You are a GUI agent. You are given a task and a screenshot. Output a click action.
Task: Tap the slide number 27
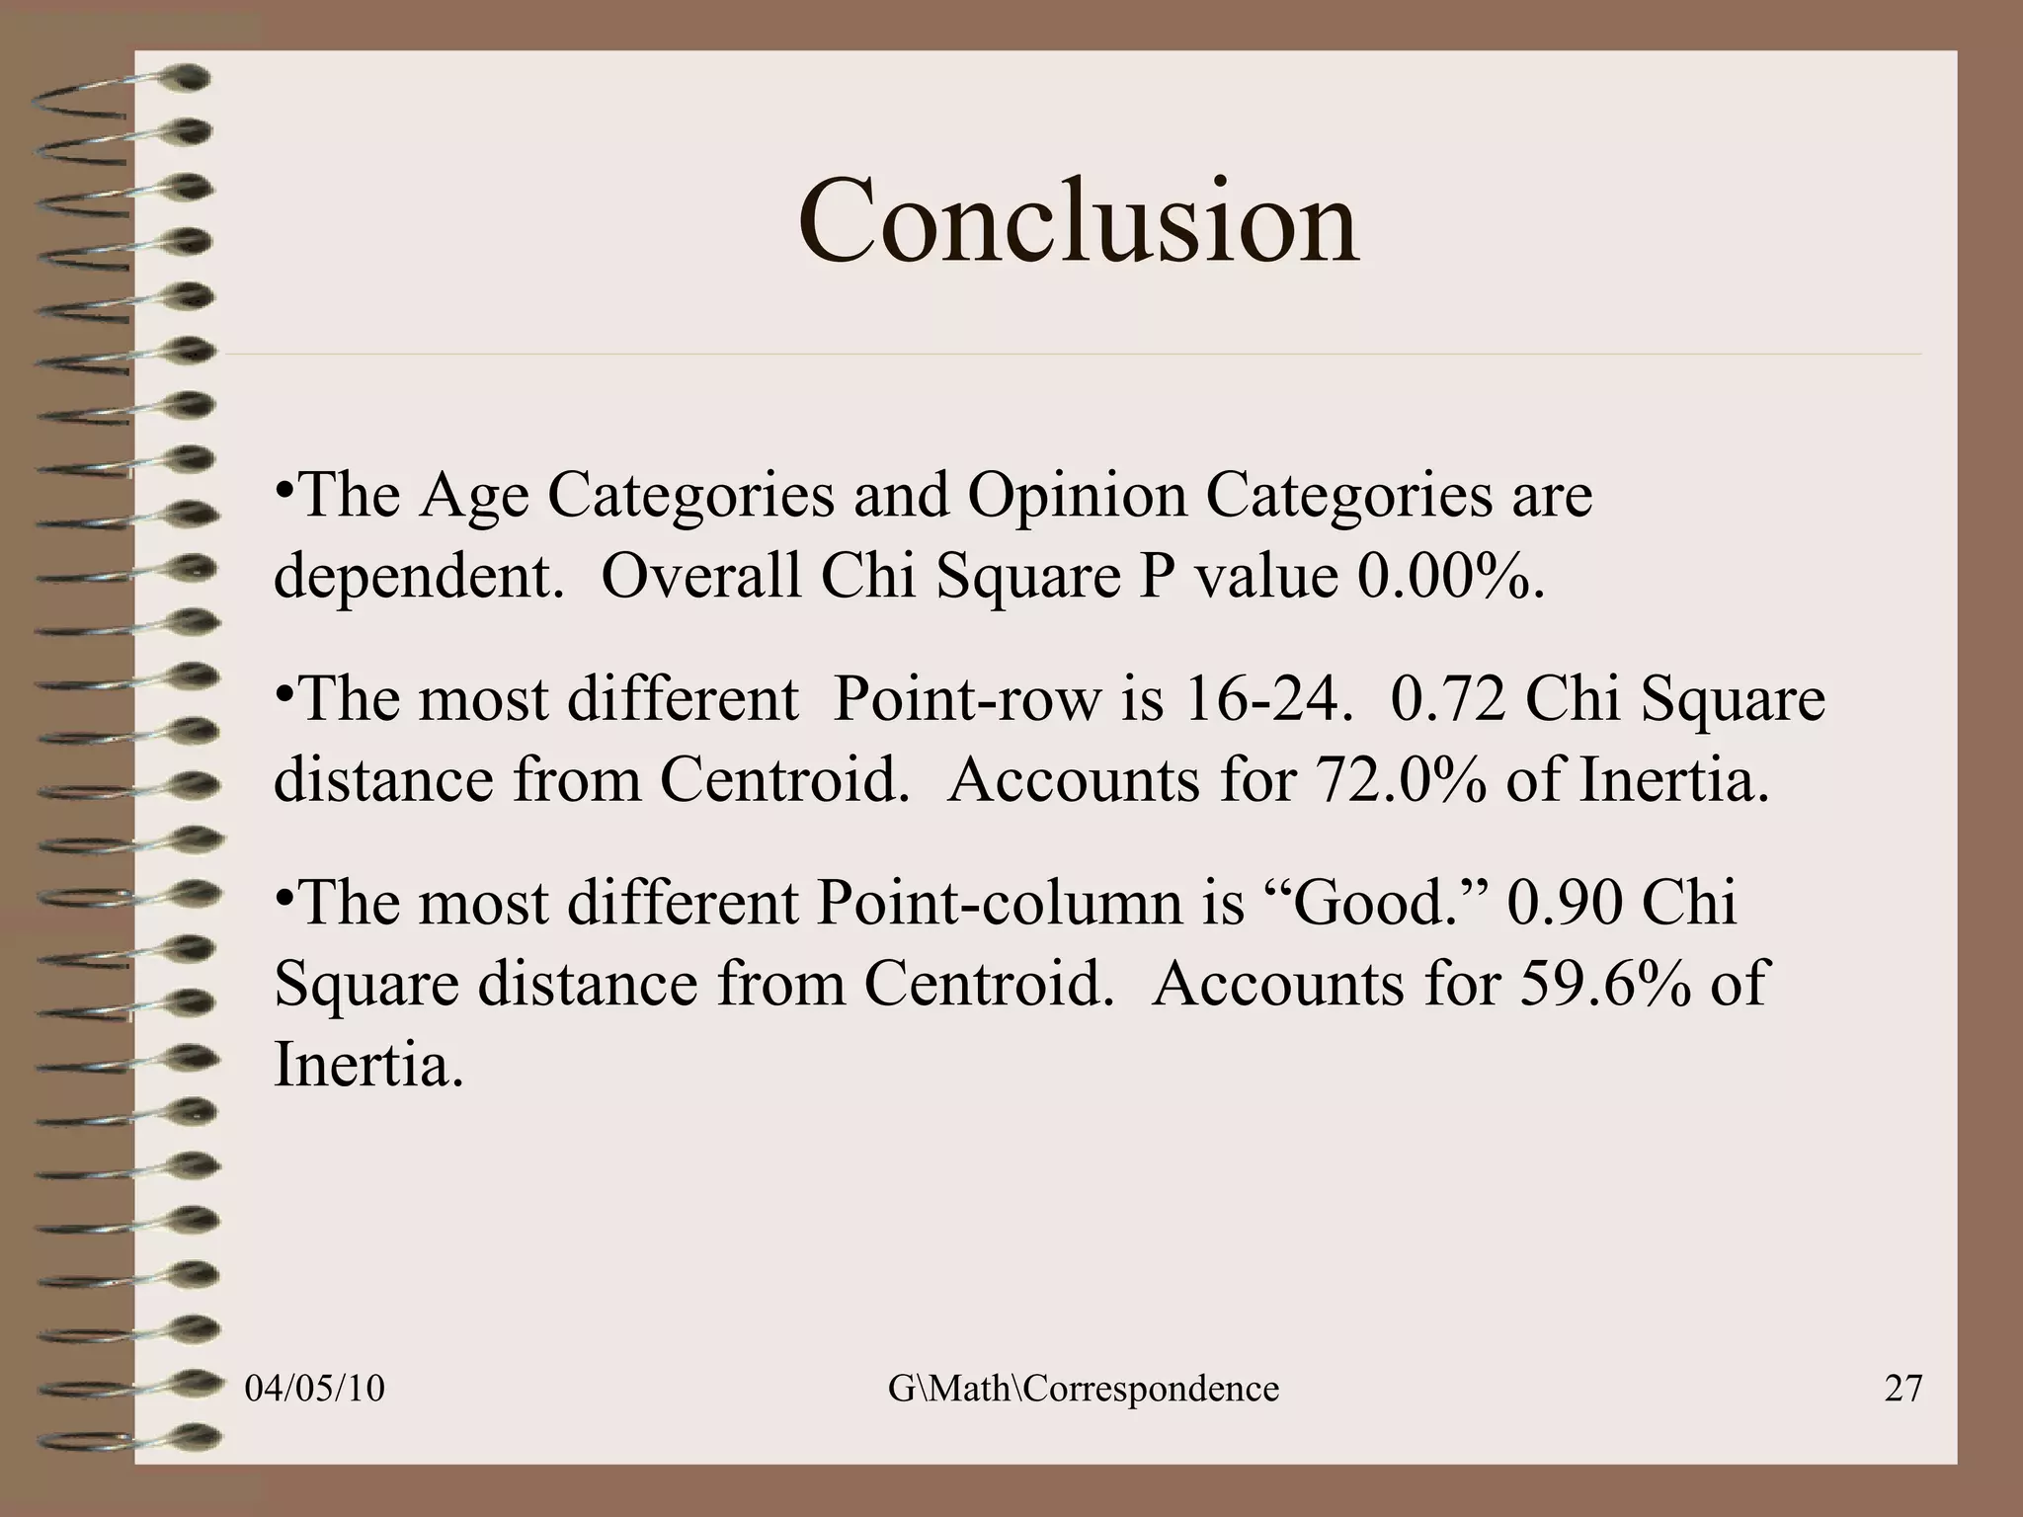[x=1903, y=1389]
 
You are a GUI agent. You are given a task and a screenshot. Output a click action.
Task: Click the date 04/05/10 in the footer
[x=314, y=1389]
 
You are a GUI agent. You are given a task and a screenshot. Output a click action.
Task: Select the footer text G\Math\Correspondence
[x=1083, y=1389]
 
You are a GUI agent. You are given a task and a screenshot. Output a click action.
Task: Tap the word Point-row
[x=966, y=699]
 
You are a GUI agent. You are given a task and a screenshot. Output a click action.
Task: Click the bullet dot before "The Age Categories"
[x=283, y=490]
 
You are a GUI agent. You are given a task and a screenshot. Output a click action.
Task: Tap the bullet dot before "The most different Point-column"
[x=283, y=897]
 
